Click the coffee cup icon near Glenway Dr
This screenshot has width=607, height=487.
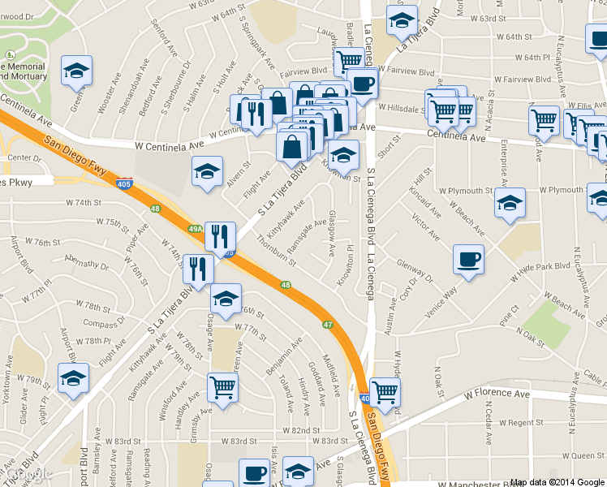tap(468, 261)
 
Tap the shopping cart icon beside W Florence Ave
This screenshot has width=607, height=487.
tap(385, 393)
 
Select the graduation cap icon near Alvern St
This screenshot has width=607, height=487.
tap(207, 171)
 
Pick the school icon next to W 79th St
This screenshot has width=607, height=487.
tap(73, 378)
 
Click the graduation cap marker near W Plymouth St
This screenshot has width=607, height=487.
tap(510, 203)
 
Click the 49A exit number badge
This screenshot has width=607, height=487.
tap(196, 230)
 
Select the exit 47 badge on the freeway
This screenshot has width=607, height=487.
tap(328, 325)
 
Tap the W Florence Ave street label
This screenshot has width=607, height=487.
tap(497, 394)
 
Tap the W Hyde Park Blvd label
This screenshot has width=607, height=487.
tap(541, 265)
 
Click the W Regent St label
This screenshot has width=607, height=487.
tap(520, 423)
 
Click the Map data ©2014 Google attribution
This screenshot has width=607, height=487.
tap(557, 481)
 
